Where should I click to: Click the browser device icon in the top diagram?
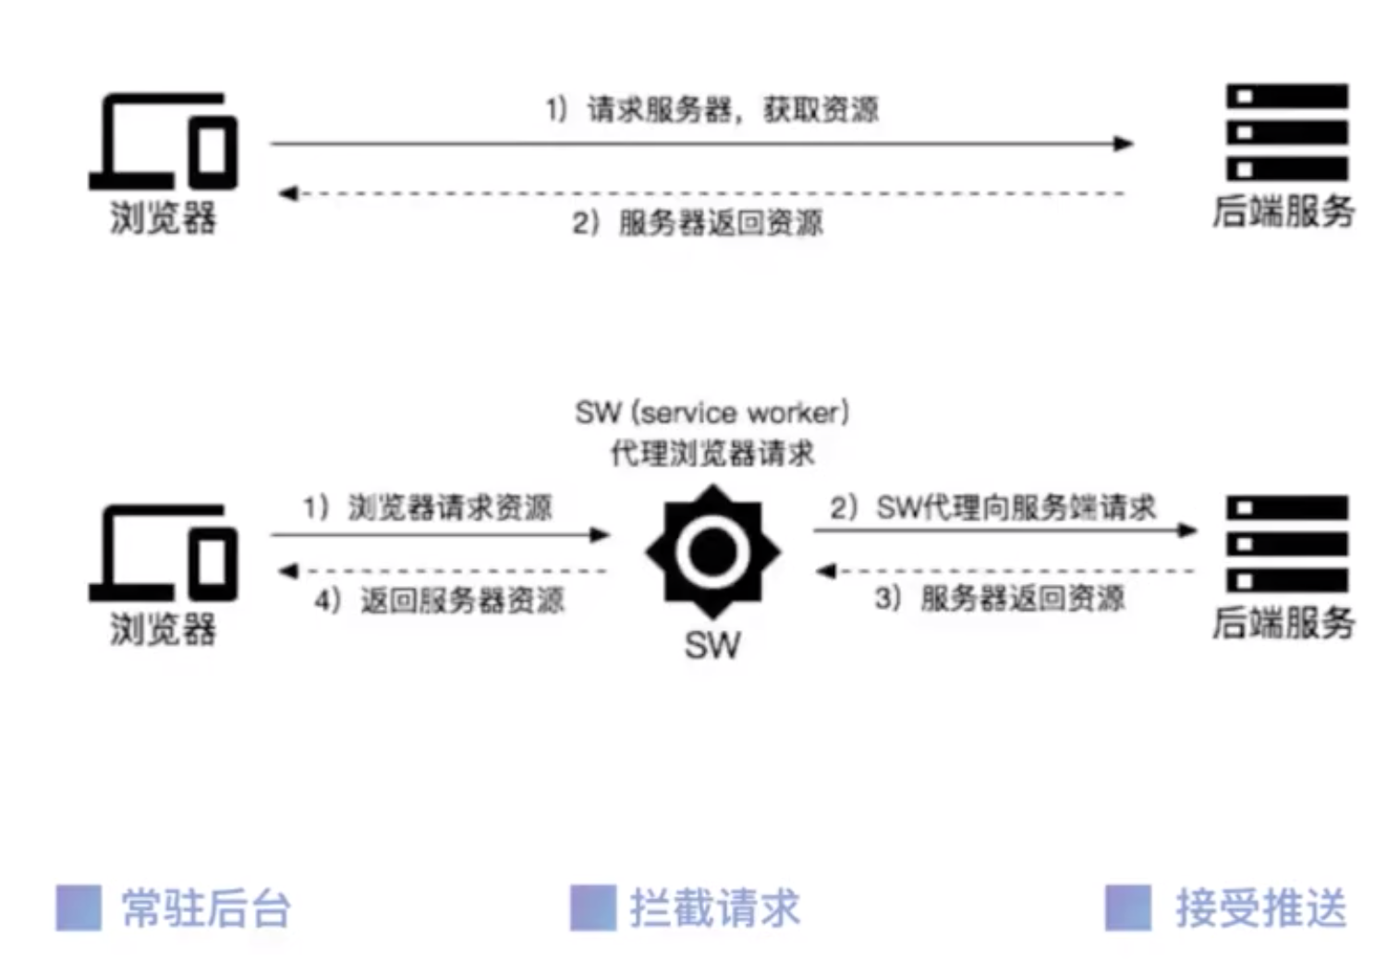[x=164, y=141]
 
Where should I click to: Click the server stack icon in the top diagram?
[x=1287, y=132]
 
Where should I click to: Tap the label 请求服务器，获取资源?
[x=733, y=110]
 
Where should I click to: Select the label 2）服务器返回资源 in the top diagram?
[x=698, y=223]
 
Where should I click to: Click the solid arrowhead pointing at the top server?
[x=1125, y=143]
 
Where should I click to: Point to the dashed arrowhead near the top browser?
[x=288, y=193]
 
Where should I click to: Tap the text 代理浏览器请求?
[x=712, y=453]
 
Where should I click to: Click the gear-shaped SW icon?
[x=712, y=552]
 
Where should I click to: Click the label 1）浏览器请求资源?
[x=428, y=507]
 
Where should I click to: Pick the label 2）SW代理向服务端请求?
[x=993, y=507]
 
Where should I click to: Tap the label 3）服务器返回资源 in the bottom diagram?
[x=1000, y=598]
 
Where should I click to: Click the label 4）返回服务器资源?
[x=440, y=601]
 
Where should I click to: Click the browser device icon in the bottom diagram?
[x=164, y=553]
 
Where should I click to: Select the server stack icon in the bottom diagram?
[x=1287, y=544]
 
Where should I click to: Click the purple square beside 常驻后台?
[x=79, y=907]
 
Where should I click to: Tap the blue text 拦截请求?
[x=715, y=908]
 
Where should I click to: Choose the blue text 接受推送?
[x=1261, y=908]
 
